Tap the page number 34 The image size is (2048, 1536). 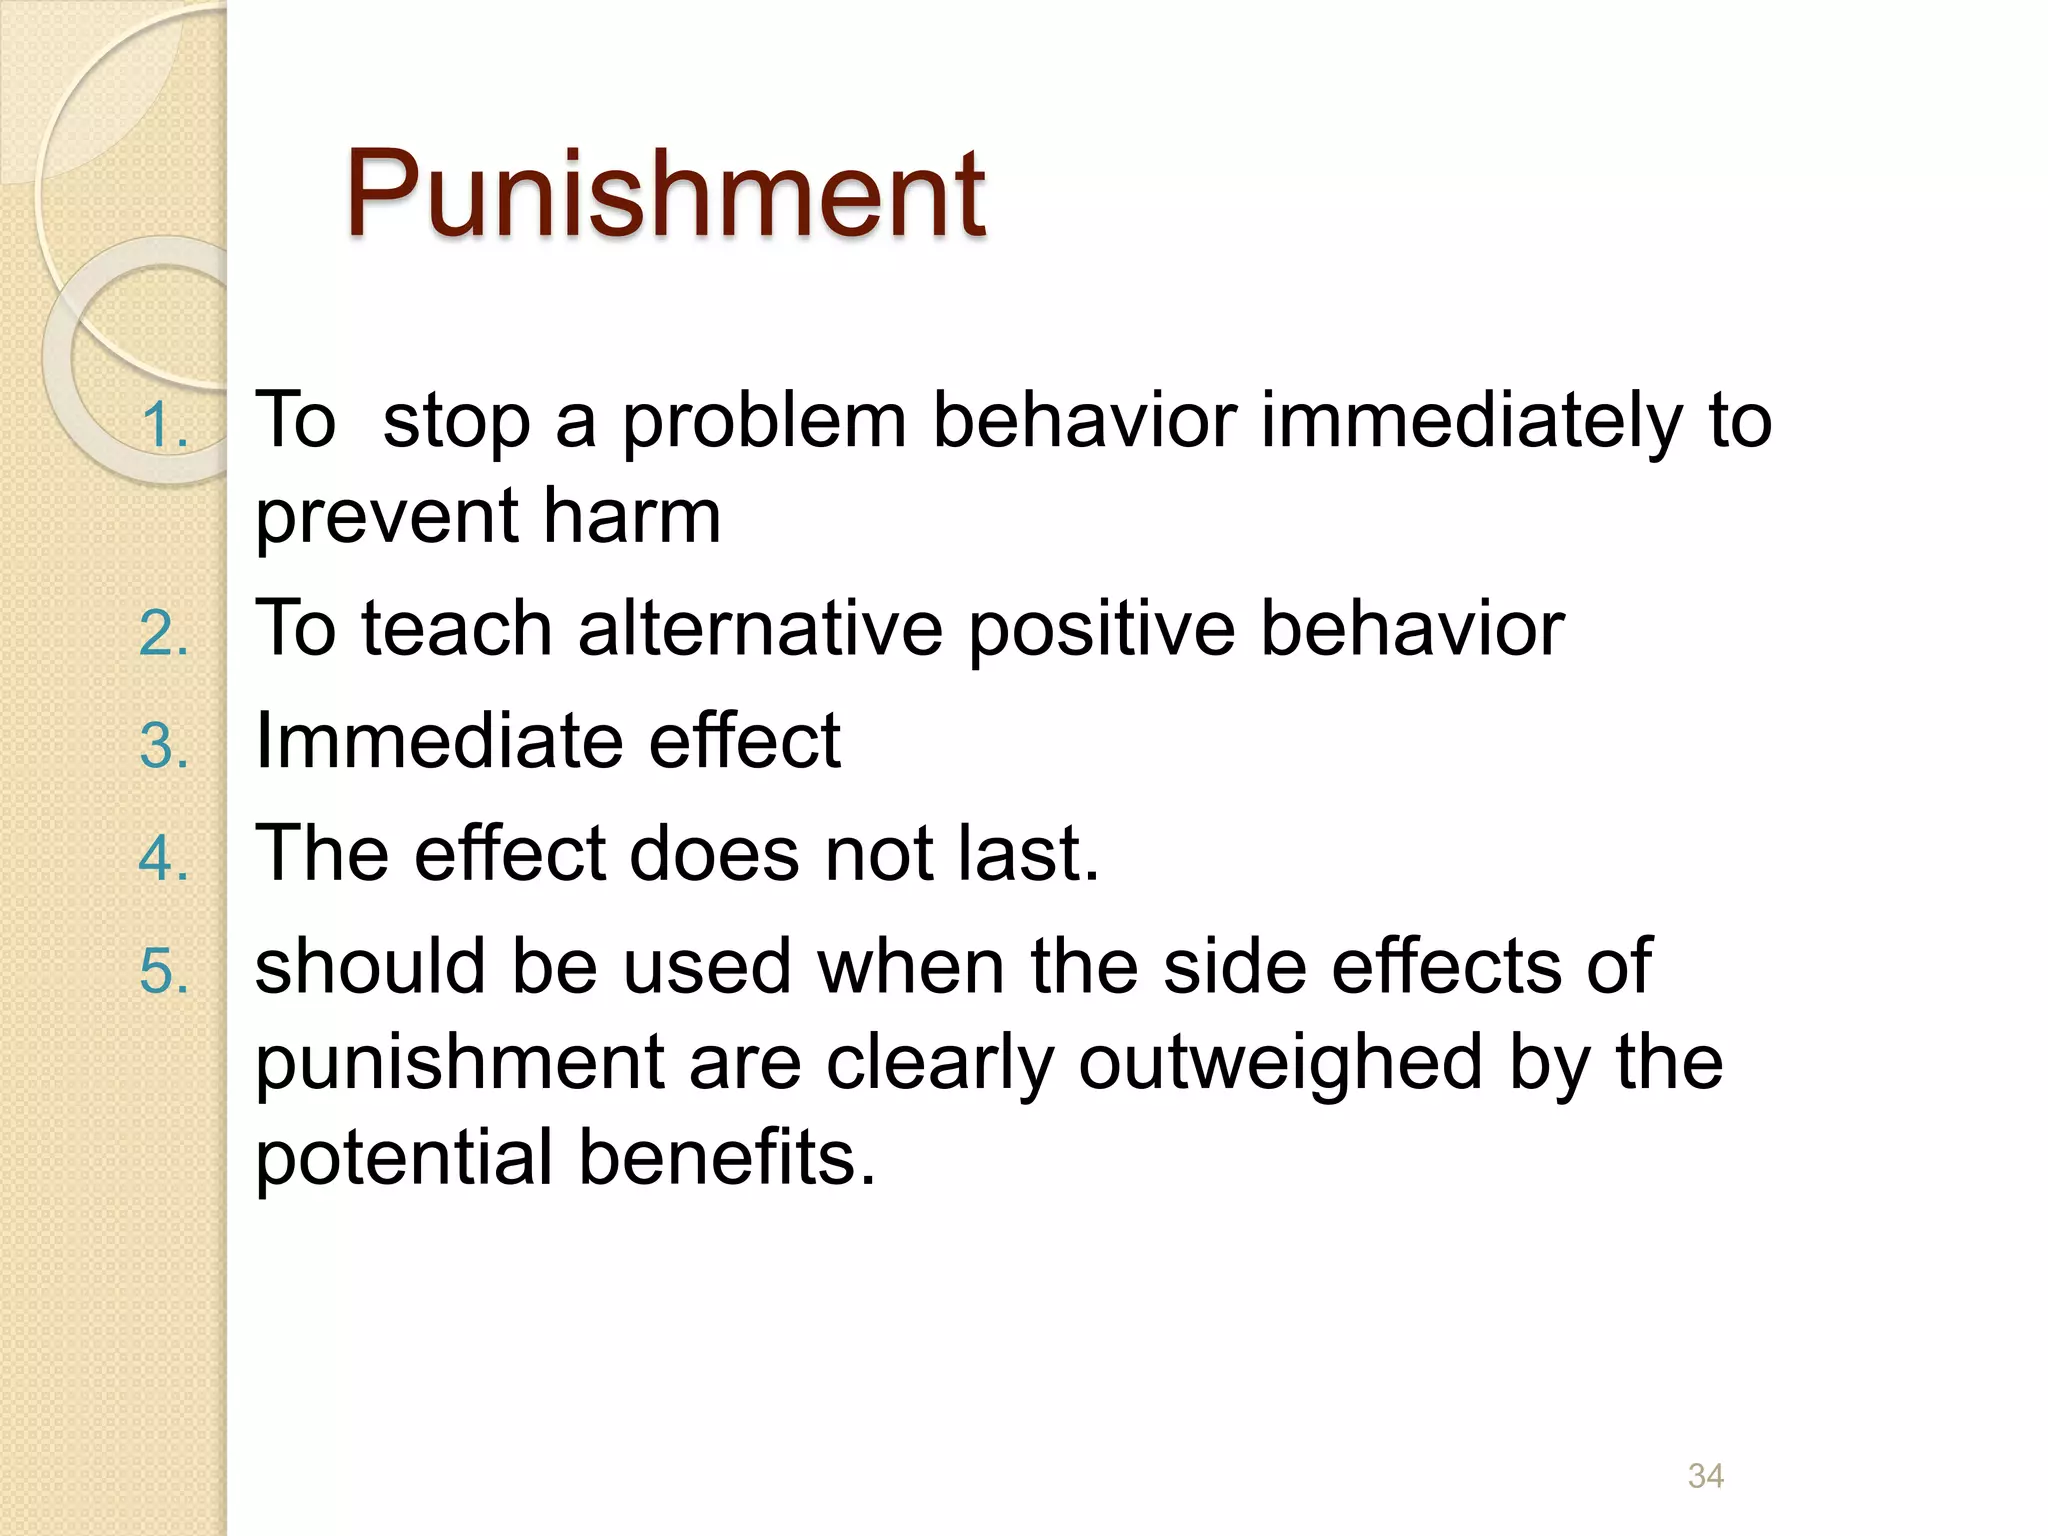point(1705,1476)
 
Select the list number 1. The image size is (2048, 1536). point(164,425)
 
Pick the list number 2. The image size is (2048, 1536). point(164,634)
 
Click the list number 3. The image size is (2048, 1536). point(164,746)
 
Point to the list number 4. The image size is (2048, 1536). point(164,858)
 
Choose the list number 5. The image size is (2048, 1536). point(164,971)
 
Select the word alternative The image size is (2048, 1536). point(760,629)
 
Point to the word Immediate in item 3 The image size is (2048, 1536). point(439,741)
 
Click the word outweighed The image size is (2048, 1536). point(1280,1064)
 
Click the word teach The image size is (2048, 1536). point(457,629)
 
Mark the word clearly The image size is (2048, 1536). point(939,1064)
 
